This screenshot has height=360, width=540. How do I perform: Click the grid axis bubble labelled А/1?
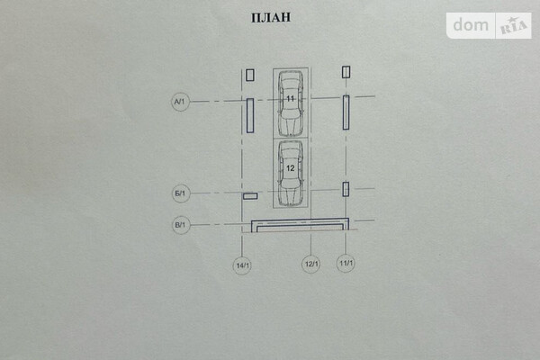tap(179, 103)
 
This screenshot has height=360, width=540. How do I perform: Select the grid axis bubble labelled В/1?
tap(179, 225)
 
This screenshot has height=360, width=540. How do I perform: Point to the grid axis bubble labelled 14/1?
tap(242, 265)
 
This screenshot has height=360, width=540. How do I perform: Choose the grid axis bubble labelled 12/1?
tap(310, 265)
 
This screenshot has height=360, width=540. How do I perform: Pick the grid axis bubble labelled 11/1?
tap(346, 265)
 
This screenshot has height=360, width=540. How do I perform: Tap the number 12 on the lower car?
tap(291, 168)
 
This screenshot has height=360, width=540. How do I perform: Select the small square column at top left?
tap(250, 76)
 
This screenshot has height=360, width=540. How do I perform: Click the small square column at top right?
tap(346, 72)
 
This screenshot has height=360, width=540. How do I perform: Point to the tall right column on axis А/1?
tap(346, 112)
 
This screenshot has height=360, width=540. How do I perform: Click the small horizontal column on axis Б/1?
tap(250, 196)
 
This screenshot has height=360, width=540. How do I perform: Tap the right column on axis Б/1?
tap(346, 189)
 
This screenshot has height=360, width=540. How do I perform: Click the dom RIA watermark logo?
tap(489, 25)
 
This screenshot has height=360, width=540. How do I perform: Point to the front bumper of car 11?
tap(291, 74)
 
